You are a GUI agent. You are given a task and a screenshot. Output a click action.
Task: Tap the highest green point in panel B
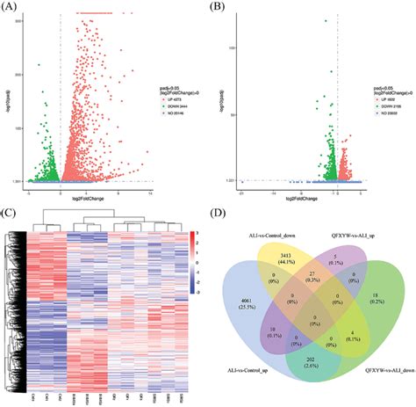(326, 21)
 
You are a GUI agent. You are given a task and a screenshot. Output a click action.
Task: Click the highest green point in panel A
(38, 65)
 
